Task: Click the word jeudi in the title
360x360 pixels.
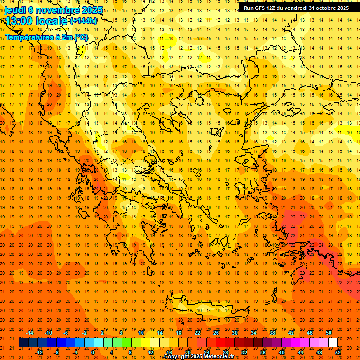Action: (15, 10)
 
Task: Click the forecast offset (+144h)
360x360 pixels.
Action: (83, 21)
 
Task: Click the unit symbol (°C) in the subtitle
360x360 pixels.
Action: (81, 37)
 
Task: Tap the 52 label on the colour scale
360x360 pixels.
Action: (338, 352)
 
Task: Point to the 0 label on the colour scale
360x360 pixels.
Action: (93, 352)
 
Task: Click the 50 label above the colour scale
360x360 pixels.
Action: (328, 333)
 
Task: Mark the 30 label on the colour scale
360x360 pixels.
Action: (234, 333)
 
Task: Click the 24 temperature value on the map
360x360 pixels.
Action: (321, 245)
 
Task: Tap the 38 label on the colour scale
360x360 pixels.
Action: (272, 333)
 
